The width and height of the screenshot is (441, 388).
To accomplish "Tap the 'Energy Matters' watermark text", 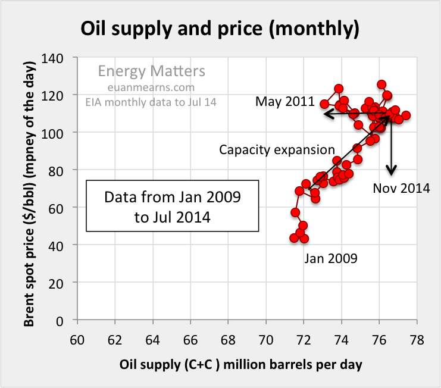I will [151, 72].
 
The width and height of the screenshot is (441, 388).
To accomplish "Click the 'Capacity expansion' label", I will [277, 149].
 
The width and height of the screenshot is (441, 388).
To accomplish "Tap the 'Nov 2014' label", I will [401, 189].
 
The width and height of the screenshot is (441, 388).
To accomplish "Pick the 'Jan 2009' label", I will [331, 258].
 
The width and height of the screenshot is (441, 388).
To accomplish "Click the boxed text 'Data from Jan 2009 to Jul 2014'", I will [173, 206].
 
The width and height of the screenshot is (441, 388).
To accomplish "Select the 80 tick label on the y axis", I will [62, 170].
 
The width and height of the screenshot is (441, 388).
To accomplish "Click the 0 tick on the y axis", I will [65, 321].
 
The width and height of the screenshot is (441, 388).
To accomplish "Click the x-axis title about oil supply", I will [242, 364].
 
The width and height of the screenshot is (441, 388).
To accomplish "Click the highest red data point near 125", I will [381, 85].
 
